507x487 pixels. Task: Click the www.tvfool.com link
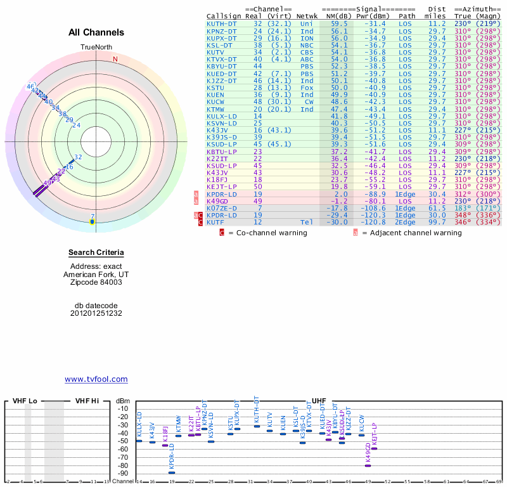click(x=96, y=379)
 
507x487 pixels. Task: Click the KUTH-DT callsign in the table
click(x=222, y=23)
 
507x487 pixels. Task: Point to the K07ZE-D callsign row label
click(x=221, y=208)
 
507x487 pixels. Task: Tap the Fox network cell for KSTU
click(x=307, y=88)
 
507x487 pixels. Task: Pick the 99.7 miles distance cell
click(x=437, y=222)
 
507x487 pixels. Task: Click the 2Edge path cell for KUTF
click(x=405, y=222)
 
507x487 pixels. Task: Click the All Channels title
click(x=96, y=32)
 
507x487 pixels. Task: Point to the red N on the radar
click(x=115, y=60)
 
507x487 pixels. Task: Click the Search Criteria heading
click(x=96, y=253)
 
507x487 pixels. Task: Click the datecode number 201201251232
click(x=96, y=313)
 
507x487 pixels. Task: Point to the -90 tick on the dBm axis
click(x=123, y=473)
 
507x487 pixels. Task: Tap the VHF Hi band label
click(x=87, y=401)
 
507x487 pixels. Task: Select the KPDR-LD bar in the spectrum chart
click(x=172, y=472)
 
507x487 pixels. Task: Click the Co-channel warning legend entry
click(x=266, y=233)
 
